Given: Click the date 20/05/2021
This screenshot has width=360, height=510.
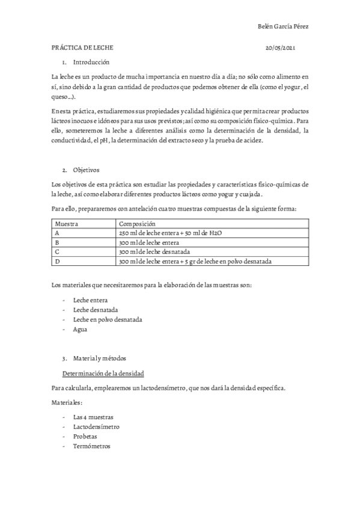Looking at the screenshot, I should pos(279,47).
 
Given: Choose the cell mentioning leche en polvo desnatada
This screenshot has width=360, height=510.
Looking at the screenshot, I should pos(195,262).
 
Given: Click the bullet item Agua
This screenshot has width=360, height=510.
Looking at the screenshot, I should pos(80,330).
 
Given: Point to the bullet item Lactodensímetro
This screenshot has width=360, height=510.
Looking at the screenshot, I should pos(96,426).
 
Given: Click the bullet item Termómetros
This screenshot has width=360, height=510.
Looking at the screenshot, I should pos(91,447).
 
